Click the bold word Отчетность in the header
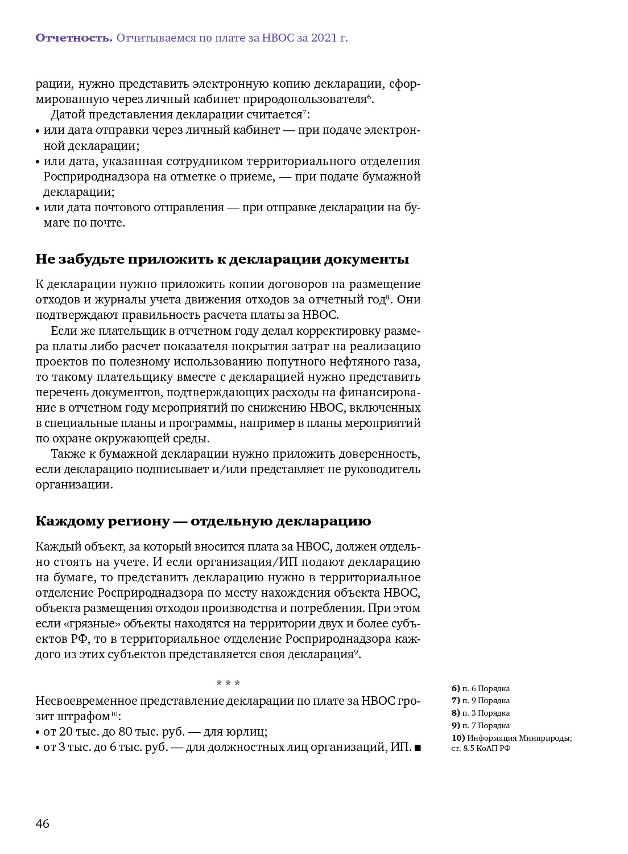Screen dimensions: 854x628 pyautogui.click(x=73, y=38)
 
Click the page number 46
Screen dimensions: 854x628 pyautogui.click(x=43, y=824)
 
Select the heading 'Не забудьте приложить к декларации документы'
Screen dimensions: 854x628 pyautogui.click(x=222, y=260)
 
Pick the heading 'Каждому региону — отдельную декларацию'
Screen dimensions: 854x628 pyautogui.click(x=203, y=522)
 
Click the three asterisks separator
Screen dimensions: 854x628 pyautogui.click(x=228, y=683)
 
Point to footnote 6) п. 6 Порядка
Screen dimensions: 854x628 pyautogui.click(x=481, y=689)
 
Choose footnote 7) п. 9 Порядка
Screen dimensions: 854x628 pyautogui.click(x=481, y=701)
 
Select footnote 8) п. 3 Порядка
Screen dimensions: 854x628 pyautogui.click(x=481, y=713)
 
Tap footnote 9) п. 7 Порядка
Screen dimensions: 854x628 pyautogui.click(x=481, y=726)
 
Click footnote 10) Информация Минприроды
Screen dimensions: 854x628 pyautogui.click(x=511, y=738)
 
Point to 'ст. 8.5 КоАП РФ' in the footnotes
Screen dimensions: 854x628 pyautogui.click(x=481, y=749)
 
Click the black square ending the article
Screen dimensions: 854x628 pyautogui.click(x=418, y=748)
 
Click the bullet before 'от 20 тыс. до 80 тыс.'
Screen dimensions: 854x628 pyautogui.click(x=38, y=733)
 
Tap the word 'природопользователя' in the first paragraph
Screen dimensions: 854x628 pyautogui.click(x=304, y=100)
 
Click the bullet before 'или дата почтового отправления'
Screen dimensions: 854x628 pyautogui.click(x=38, y=208)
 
